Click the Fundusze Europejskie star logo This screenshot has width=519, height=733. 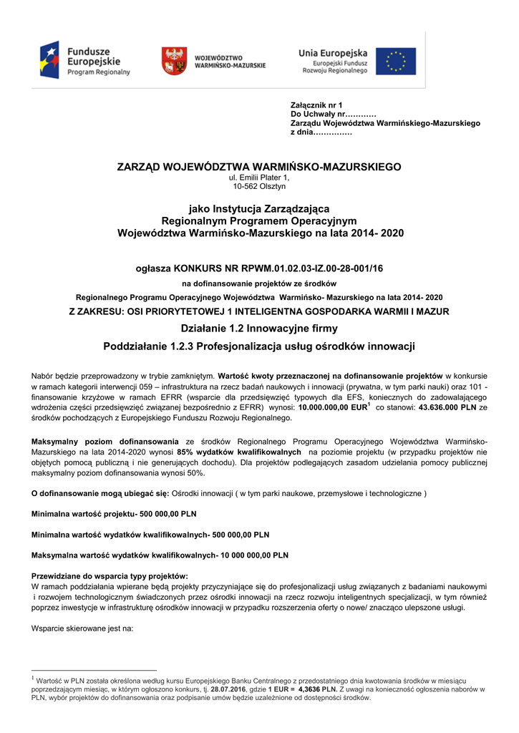point(51,60)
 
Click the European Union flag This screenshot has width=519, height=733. point(396,61)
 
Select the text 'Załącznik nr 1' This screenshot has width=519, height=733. point(317,105)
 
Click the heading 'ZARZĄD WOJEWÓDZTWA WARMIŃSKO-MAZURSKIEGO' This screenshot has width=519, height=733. point(259,167)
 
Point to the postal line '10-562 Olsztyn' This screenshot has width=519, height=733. point(259,186)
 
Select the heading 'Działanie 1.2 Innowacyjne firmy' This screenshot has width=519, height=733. point(259,329)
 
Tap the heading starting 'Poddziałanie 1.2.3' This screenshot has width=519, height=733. point(259,346)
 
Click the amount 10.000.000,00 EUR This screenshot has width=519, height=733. point(330,407)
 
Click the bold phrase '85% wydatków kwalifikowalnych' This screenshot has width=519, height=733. point(239,452)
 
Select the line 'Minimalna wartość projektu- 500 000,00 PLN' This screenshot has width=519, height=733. point(114,514)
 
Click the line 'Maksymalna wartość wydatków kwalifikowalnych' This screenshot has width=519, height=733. point(160,555)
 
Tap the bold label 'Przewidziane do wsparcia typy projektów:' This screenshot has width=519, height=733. point(110,576)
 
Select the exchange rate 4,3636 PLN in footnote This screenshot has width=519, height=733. point(317,689)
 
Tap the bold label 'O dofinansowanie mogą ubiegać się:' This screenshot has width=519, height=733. point(100,494)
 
